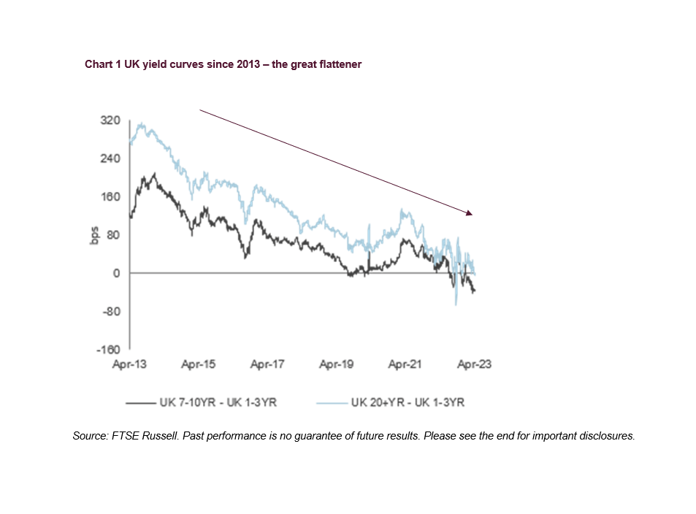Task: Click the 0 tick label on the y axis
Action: [x=116, y=273]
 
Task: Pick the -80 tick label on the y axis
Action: [x=111, y=312]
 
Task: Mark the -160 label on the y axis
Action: [x=109, y=350]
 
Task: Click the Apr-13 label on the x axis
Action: [x=129, y=364]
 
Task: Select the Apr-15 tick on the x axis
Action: [x=198, y=364]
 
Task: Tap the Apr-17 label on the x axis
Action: [x=267, y=364]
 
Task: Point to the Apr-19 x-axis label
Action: [x=336, y=364]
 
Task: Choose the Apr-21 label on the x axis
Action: [x=405, y=364]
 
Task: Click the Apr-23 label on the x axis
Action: [x=474, y=364]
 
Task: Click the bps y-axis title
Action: [x=94, y=235]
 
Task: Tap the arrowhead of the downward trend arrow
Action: [x=471, y=214]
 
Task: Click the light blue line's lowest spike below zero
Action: [x=456, y=304]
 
